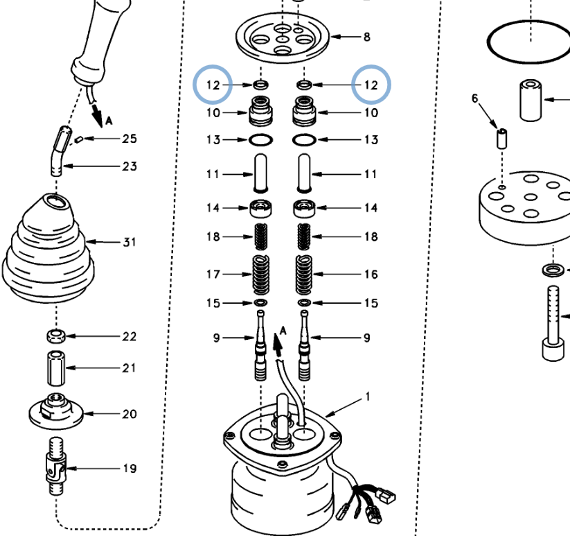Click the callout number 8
click(366, 37)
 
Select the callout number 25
click(130, 139)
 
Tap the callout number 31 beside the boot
click(130, 243)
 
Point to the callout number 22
click(130, 337)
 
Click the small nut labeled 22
click(55, 336)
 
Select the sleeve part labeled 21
click(55, 368)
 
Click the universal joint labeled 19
click(55, 467)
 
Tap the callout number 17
click(213, 275)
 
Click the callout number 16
click(371, 275)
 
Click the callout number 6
click(475, 99)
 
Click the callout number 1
click(368, 397)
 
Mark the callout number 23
click(130, 166)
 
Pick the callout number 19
click(130, 469)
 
